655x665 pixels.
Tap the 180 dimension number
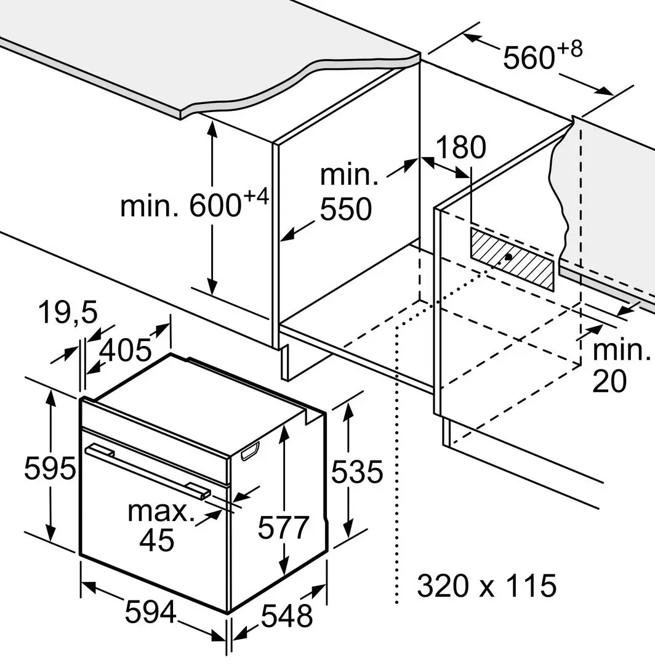[x=461, y=147]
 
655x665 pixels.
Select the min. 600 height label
[x=195, y=204]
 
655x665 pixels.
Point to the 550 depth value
[x=346, y=209]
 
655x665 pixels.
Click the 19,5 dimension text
[x=68, y=312]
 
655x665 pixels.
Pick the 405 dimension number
[x=126, y=350]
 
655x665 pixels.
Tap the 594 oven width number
[x=151, y=611]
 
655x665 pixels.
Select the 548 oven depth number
[x=287, y=616]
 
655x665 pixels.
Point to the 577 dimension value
[x=284, y=527]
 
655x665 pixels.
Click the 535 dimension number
[x=357, y=472]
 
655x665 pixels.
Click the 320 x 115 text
[x=487, y=586]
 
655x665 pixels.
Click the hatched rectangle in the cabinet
[x=512, y=259]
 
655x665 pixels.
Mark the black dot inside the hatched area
[x=508, y=257]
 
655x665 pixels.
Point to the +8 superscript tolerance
[x=570, y=50]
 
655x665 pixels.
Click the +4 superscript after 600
[x=257, y=197]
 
